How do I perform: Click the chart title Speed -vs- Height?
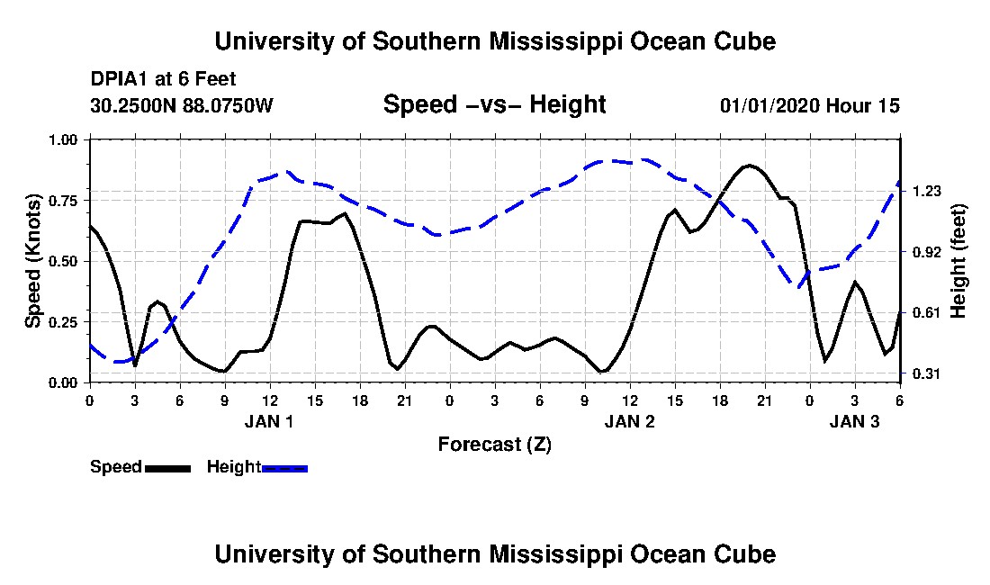click(x=494, y=104)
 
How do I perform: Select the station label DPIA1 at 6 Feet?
click(x=164, y=79)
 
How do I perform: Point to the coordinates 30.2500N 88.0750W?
click(x=182, y=105)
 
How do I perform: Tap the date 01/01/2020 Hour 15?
click(x=809, y=105)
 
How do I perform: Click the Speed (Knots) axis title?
click(x=32, y=260)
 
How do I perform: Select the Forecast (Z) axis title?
click(x=494, y=444)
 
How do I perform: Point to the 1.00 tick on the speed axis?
click(x=63, y=139)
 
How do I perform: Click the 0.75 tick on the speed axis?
click(x=63, y=200)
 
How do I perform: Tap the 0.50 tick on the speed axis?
click(x=63, y=261)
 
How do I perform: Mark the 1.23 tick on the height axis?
click(x=927, y=191)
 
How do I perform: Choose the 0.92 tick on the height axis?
click(x=927, y=252)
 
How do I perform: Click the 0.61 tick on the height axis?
click(x=927, y=312)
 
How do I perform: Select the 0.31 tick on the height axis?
click(x=927, y=373)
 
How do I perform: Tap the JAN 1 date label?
click(x=269, y=421)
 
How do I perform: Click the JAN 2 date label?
click(x=629, y=421)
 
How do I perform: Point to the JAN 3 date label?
click(x=854, y=421)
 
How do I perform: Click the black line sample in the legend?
click(x=167, y=468)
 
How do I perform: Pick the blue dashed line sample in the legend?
click(x=284, y=468)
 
